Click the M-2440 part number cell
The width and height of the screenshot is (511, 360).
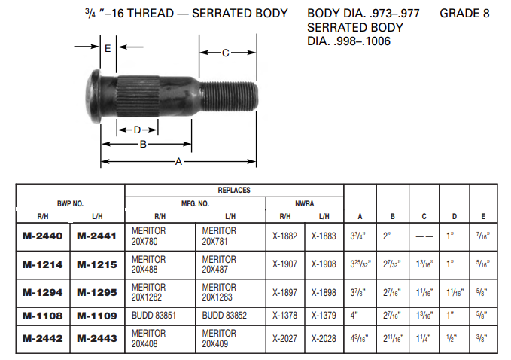(x=44, y=236)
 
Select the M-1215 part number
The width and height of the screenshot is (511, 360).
(x=97, y=264)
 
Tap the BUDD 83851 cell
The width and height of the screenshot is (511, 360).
(x=154, y=316)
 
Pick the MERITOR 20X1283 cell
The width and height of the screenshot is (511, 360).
(x=219, y=292)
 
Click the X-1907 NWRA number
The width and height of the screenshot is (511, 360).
(x=285, y=264)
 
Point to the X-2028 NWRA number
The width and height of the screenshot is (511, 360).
(x=324, y=339)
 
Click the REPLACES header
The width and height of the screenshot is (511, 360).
(x=234, y=191)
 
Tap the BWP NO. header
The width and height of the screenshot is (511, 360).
(x=71, y=203)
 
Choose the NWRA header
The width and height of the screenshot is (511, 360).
(x=304, y=203)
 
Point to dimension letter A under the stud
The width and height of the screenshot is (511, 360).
(x=178, y=161)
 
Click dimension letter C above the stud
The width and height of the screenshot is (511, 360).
(x=226, y=53)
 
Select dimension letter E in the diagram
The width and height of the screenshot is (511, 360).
(x=108, y=48)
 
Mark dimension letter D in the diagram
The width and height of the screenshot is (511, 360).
(x=137, y=130)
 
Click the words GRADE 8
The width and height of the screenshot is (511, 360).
(x=470, y=14)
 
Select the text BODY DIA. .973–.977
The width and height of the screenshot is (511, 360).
(x=363, y=14)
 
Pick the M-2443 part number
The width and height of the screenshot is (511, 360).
(x=97, y=339)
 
